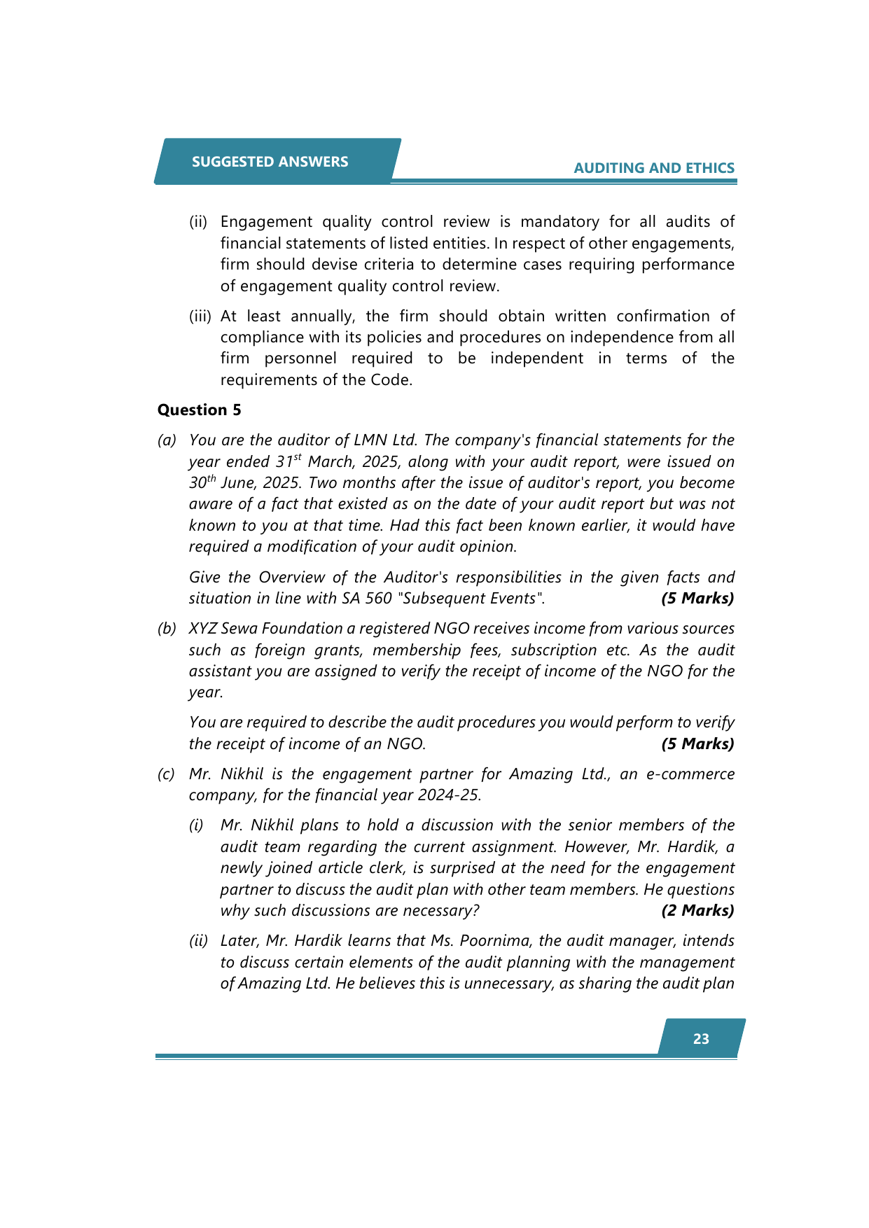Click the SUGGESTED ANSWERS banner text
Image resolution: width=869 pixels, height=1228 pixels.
click(270, 162)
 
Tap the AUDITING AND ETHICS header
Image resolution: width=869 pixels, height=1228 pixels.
click(654, 168)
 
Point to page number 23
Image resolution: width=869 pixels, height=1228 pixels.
click(701, 1039)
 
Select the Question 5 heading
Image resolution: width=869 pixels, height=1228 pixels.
click(199, 410)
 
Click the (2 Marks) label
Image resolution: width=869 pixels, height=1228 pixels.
click(697, 910)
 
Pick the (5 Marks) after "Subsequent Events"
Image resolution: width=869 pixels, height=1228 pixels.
click(697, 598)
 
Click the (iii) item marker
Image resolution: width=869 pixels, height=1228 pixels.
click(200, 316)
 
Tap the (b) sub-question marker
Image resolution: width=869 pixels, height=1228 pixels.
click(167, 628)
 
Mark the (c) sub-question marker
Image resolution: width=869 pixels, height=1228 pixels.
click(166, 774)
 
